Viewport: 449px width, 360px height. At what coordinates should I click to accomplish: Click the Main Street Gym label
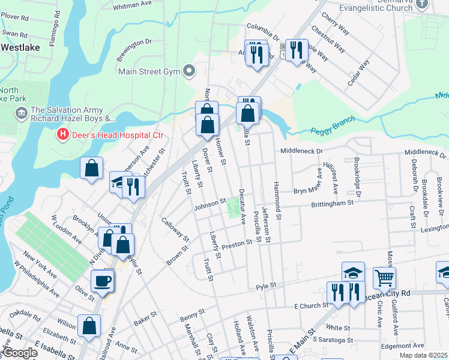149,71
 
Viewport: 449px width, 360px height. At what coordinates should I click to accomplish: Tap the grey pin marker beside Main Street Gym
190,71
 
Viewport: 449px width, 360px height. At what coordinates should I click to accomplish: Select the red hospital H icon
61,135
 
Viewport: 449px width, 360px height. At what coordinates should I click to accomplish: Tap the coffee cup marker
102,280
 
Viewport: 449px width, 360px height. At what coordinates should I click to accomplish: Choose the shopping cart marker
385,277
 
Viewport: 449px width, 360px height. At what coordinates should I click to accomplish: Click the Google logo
20,353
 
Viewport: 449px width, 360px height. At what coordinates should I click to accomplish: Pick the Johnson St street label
209,205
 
